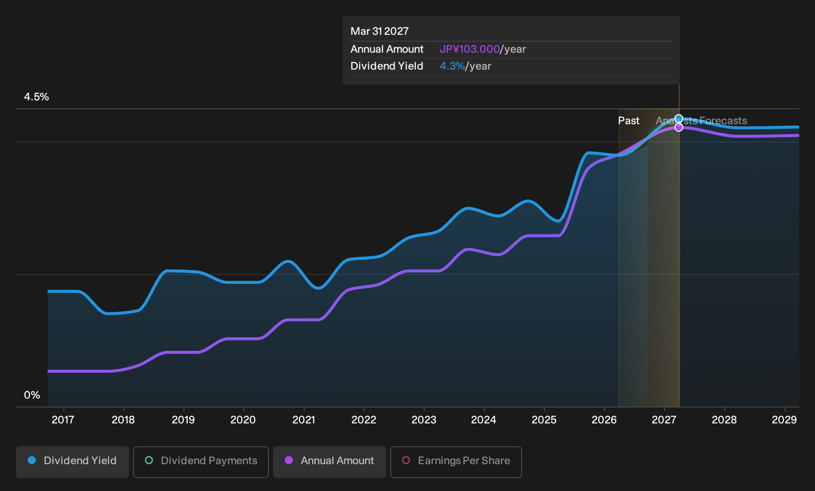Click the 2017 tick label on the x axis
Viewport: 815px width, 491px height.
[63, 420]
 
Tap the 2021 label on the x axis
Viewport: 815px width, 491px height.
[304, 420]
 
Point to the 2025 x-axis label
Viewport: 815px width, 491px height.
[544, 420]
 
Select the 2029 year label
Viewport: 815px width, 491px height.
[784, 420]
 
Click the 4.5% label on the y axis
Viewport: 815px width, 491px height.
[36, 97]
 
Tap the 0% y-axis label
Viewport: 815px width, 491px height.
[32, 395]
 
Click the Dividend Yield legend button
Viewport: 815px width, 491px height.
[72, 462]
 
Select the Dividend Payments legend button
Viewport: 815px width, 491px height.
[201, 462]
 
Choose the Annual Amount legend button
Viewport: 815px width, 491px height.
[329, 462]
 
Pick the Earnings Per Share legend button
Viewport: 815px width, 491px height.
[456, 462]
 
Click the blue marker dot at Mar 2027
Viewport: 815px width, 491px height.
[679, 119]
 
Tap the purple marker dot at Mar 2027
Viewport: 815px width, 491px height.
[679, 128]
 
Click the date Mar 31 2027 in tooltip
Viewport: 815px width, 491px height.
[380, 31]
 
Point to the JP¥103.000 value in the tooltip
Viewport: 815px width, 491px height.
[470, 49]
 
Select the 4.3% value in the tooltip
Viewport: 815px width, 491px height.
[452, 66]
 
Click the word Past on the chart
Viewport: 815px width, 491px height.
[629, 121]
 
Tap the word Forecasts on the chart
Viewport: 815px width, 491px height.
[723, 121]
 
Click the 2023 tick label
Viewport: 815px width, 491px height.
[424, 420]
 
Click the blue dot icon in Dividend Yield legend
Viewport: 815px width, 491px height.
[32, 460]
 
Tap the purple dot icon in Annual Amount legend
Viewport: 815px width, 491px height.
[289, 460]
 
